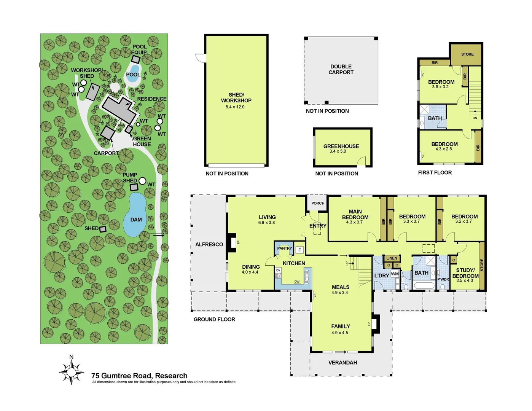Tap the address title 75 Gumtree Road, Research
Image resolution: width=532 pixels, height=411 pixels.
[139, 376]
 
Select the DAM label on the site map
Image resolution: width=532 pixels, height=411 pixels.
[136, 220]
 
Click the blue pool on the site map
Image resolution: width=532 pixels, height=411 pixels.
[133, 70]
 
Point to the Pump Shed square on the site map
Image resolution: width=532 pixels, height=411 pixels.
[134, 187]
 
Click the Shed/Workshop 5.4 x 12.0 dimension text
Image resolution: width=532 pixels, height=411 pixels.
[235, 107]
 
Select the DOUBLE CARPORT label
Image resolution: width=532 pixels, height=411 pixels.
[341, 69]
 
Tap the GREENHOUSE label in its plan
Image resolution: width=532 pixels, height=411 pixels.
[341, 146]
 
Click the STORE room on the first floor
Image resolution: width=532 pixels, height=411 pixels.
[467, 54]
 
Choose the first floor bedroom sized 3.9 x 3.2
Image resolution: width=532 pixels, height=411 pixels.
[441, 84]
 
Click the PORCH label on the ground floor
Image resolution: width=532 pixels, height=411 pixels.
[318, 203]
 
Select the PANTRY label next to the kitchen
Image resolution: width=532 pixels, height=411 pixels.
[284, 248]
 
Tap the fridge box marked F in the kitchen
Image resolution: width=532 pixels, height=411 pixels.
[299, 250]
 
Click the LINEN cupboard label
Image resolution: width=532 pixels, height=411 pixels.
[392, 258]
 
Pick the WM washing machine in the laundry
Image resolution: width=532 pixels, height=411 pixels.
[395, 274]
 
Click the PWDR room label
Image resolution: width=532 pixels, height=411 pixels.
[443, 279]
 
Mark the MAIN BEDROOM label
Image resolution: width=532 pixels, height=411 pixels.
[355, 214]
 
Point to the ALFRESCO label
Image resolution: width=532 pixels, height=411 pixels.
[209, 244]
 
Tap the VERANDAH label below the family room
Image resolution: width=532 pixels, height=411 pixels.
[342, 363]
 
